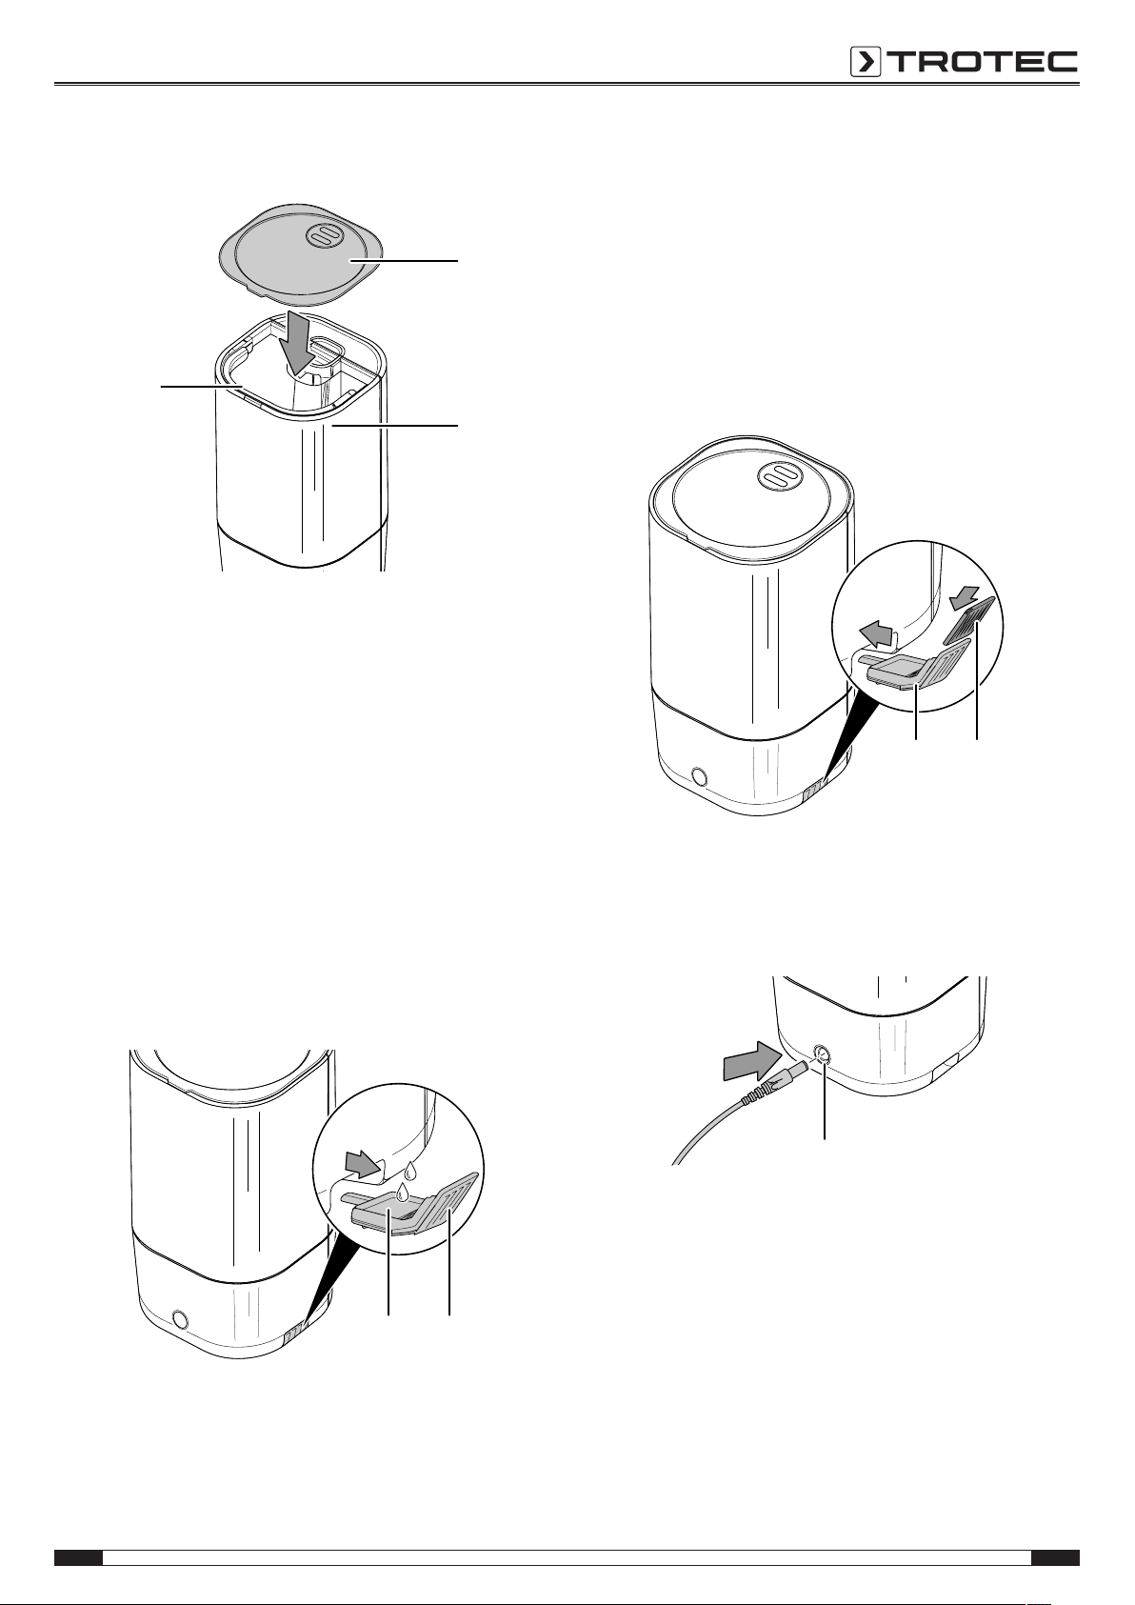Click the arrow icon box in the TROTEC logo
point(866,62)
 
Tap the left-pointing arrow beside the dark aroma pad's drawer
point(878,633)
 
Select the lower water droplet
point(402,1193)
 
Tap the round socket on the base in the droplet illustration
point(179,1318)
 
